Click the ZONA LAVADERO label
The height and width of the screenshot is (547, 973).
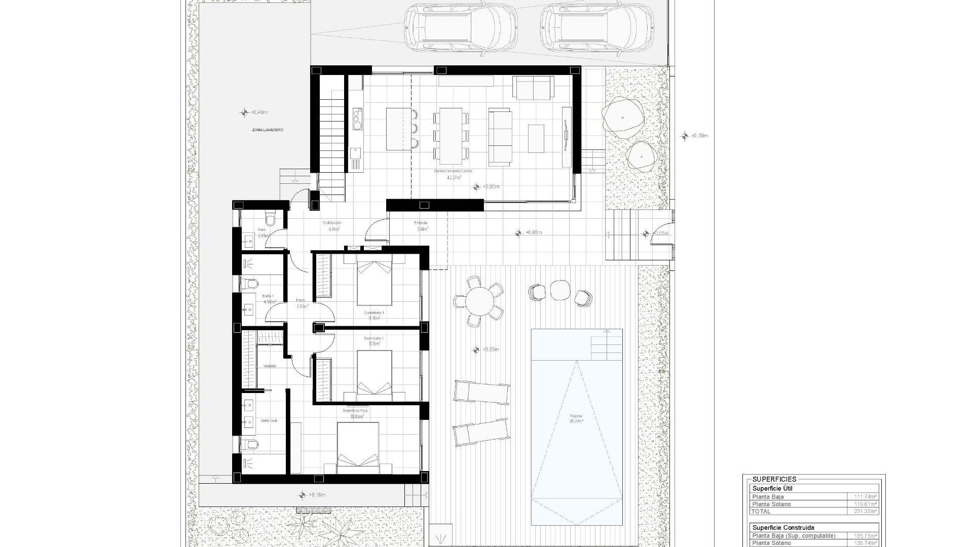(268, 130)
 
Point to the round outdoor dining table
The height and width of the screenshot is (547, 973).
(479, 302)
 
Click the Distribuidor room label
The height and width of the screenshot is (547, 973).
(332, 223)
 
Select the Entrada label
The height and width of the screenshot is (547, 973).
(421, 223)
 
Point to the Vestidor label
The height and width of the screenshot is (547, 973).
(270, 366)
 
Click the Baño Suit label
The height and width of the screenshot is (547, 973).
(269, 421)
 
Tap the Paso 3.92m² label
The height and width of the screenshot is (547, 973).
(301, 303)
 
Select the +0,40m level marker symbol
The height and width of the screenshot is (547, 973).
(245, 112)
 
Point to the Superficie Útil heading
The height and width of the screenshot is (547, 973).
(772, 489)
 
